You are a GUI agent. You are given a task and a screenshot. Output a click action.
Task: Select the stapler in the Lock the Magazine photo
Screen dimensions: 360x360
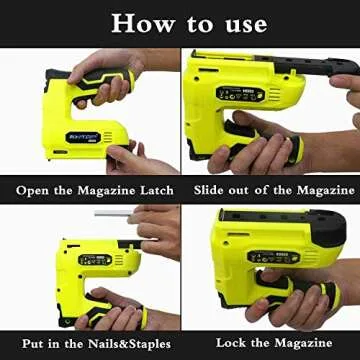tap(270, 260)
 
